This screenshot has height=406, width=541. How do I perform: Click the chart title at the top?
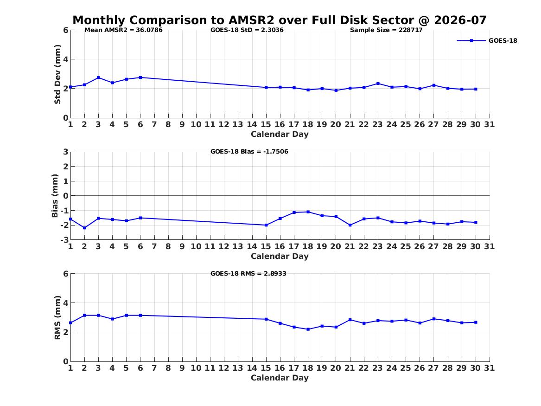280,20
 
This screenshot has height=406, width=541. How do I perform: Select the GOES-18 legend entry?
487,40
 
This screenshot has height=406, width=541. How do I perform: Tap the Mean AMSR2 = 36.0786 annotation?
123,30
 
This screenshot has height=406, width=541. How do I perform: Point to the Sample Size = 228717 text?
386,30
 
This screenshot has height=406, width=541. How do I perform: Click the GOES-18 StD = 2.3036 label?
247,30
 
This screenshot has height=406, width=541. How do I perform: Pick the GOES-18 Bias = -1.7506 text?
249,152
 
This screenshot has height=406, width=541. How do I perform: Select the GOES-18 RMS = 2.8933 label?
248,273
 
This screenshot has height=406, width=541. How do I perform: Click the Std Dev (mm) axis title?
57,74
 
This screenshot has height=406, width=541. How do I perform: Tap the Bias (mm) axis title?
55,196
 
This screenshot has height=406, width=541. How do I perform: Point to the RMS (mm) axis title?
57,318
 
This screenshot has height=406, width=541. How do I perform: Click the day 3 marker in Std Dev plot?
98,77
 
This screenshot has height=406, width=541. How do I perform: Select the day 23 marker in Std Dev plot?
378,84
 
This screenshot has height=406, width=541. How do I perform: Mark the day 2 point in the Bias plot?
84,228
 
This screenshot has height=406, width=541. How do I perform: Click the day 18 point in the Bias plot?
308,212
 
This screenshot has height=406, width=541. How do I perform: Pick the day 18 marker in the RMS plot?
308,329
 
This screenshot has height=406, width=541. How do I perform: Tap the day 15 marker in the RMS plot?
266,319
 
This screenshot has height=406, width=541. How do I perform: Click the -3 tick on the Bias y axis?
64,239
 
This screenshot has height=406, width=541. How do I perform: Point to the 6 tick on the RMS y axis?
66,274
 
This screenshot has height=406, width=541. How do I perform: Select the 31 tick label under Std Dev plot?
489,124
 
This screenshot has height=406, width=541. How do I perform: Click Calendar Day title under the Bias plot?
280,256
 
